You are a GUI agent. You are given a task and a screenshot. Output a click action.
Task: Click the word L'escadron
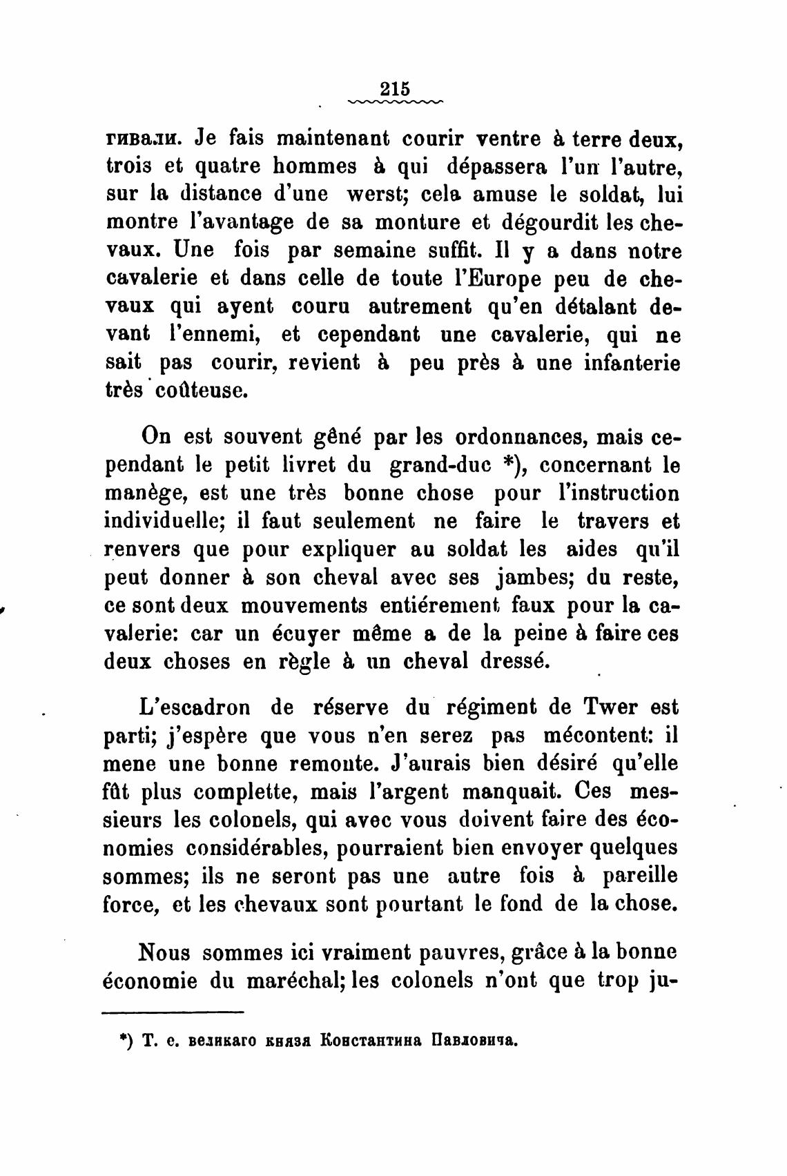tap(195, 707)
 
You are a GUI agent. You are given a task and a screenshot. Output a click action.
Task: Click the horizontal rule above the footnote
tap(173, 1012)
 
